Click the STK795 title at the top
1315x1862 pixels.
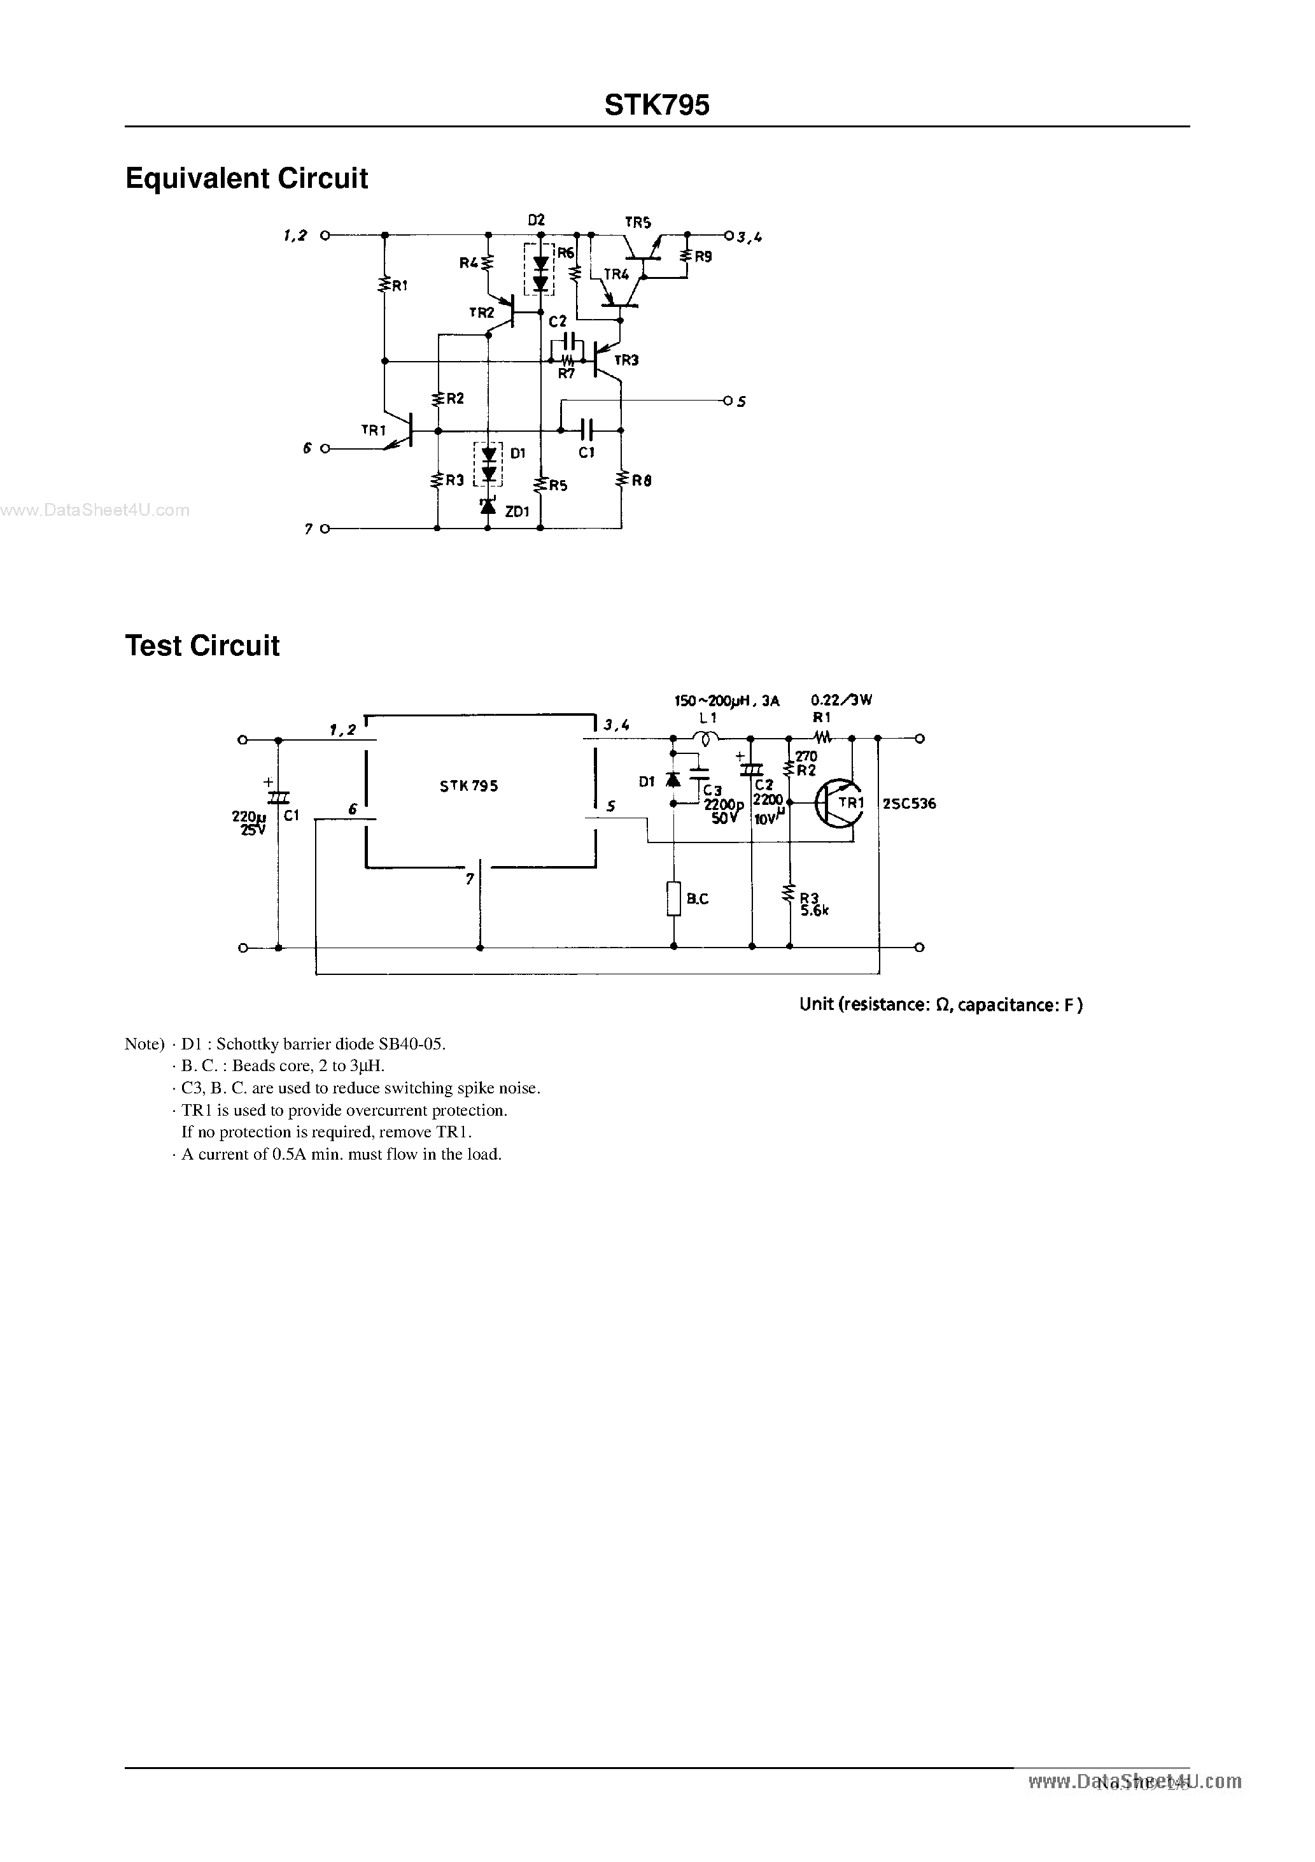tap(657, 106)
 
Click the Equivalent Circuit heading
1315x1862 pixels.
tap(246, 178)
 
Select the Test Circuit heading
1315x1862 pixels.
tap(202, 646)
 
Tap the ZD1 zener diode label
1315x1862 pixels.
tap(516, 512)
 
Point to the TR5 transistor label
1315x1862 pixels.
tap(638, 222)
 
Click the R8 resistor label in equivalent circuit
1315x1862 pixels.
tap(642, 481)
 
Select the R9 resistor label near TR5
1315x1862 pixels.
tap(703, 256)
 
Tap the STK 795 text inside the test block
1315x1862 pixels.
tap(468, 786)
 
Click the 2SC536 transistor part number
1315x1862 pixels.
tap(909, 804)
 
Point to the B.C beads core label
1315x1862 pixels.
tap(697, 899)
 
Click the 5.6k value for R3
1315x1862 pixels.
tap(814, 910)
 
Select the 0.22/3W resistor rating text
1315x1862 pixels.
tap(841, 700)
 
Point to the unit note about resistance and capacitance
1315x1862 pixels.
tap(941, 1004)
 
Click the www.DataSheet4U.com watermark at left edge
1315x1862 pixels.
tap(95, 510)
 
